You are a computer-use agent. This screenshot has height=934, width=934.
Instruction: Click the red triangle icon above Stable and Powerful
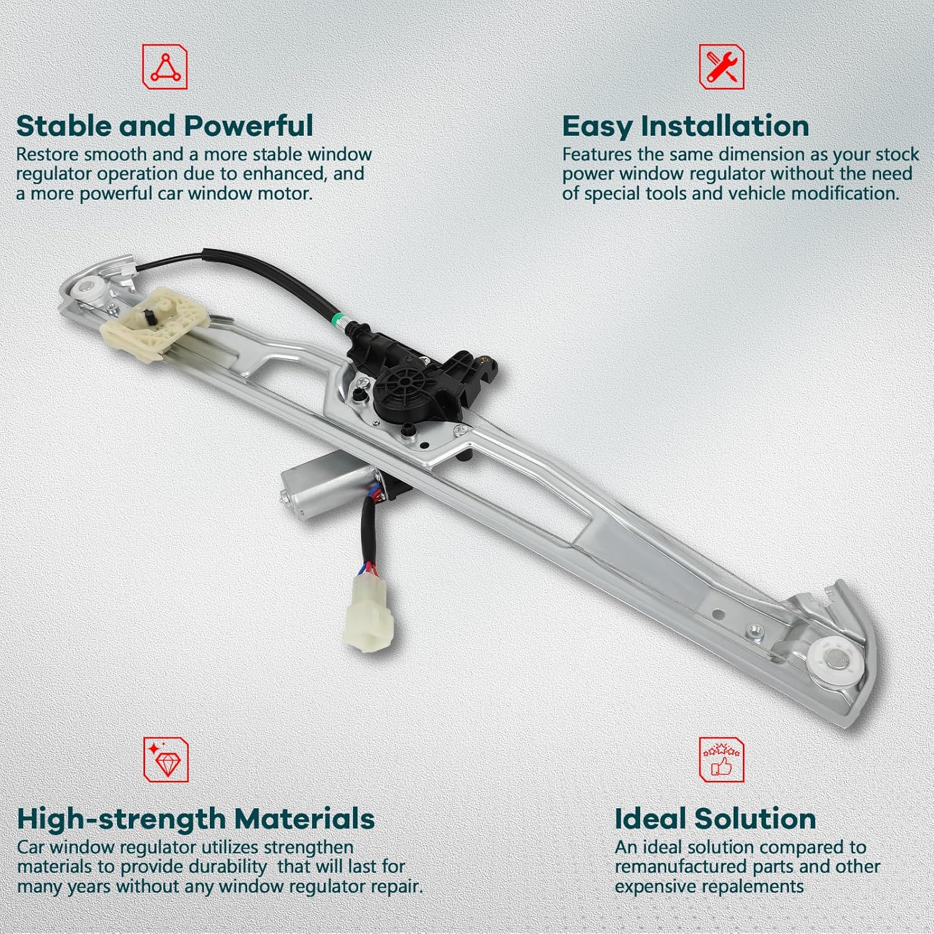pyautogui.click(x=165, y=67)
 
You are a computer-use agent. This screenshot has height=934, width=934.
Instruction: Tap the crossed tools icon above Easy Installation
pyautogui.click(x=721, y=67)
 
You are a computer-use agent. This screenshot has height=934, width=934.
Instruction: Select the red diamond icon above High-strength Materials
pyautogui.click(x=166, y=760)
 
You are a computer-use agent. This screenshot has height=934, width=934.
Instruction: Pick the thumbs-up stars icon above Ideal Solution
pyautogui.click(x=721, y=760)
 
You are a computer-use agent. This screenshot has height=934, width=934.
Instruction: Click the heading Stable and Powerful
pyautogui.click(x=164, y=126)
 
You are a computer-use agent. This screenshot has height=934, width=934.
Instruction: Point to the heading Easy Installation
pyautogui.click(x=686, y=126)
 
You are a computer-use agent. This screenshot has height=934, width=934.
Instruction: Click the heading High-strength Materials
pyautogui.click(x=196, y=819)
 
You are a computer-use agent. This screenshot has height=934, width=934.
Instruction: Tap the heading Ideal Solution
pyautogui.click(x=715, y=819)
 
